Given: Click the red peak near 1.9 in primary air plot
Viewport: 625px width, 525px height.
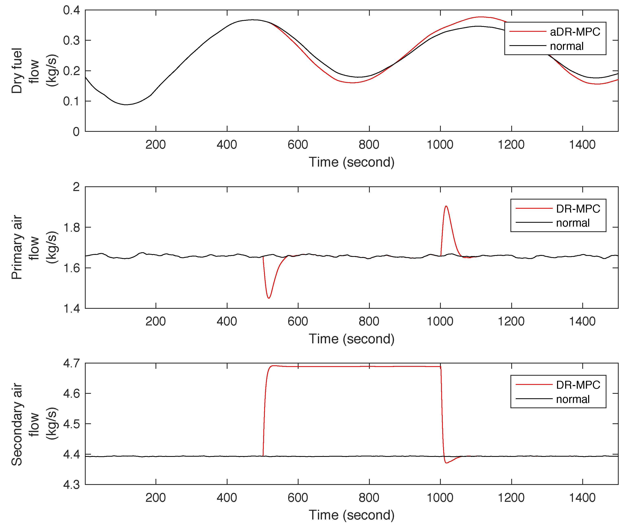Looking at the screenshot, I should tap(446, 206).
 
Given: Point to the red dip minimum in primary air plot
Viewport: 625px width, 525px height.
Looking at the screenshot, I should tap(269, 298).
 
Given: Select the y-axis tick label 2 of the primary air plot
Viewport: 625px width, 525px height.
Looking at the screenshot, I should tap(76, 187).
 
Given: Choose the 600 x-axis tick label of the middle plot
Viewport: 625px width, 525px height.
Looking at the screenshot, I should tap(298, 321).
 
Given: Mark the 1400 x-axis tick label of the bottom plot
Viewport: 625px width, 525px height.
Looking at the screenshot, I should tap(582, 498).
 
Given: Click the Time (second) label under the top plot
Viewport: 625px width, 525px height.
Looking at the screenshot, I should tap(351, 162).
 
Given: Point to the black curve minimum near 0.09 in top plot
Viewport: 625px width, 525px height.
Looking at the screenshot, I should tap(126, 105).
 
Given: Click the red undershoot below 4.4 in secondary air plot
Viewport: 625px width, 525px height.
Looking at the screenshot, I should tap(446, 463).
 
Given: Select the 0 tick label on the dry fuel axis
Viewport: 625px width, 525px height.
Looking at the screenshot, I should tap(76, 132).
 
